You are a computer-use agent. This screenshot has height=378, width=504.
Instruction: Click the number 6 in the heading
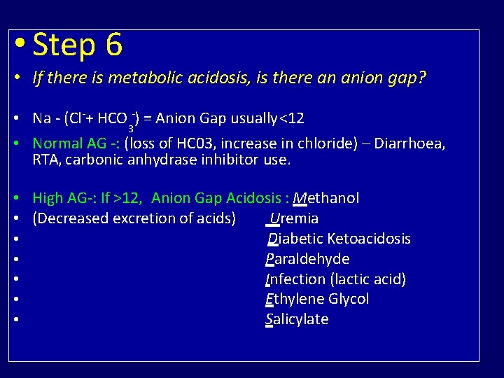tap(113, 46)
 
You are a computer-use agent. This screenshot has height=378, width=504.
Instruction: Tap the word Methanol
tap(326, 198)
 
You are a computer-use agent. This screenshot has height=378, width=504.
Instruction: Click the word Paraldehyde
tap(307, 259)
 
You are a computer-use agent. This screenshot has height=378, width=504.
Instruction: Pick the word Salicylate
tap(297, 320)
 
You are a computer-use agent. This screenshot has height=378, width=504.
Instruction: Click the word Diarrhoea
tap(409, 143)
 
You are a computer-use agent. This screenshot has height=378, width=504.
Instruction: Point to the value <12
tap(292, 118)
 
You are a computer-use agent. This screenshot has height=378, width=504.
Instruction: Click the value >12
tap(129, 198)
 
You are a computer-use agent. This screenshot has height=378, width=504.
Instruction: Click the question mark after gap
tap(421, 78)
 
